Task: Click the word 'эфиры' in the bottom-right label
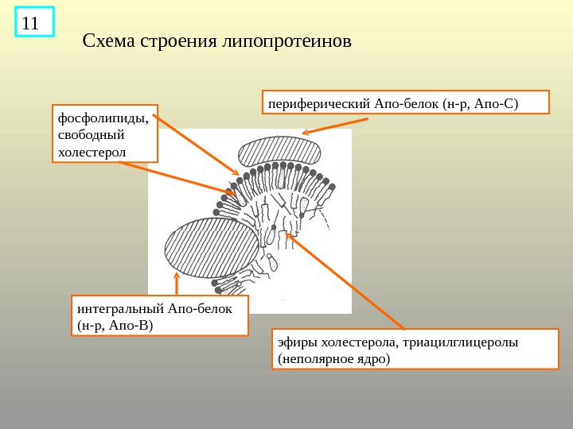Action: (296, 342)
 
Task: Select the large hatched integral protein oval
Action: (212, 247)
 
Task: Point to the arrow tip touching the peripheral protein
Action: (306, 133)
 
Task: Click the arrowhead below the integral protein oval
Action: (177, 277)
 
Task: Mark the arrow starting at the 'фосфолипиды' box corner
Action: (195, 144)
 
